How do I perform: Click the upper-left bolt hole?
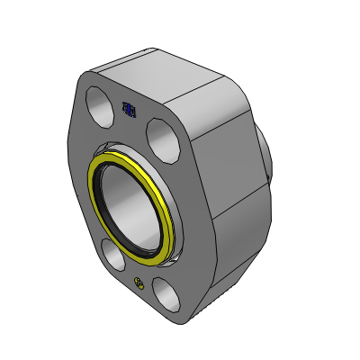(96, 98)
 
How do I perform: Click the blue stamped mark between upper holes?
(129, 110)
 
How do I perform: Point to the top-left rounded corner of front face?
(89, 79)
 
